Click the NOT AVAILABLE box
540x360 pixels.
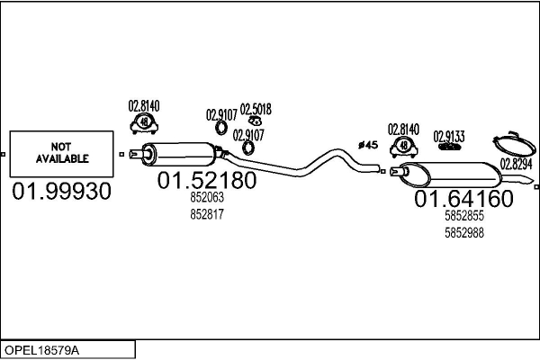click(62, 154)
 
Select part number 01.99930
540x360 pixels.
click(62, 192)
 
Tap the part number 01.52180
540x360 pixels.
click(207, 181)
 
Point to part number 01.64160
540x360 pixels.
click(463, 198)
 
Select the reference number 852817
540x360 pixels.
click(207, 214)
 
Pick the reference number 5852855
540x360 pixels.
click(464, 217)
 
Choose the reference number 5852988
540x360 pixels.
click(464, 232)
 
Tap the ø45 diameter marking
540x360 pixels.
click(368, 144)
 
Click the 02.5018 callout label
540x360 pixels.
click(256, 109)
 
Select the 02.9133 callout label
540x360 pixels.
click(449, 136)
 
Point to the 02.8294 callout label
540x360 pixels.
click(517, 164)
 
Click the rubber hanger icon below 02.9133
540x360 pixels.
click(448, 147)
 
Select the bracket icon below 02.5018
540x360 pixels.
click(256, 121)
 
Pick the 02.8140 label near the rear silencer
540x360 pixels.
click(404, 129)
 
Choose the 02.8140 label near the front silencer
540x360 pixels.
click(142, 105)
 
